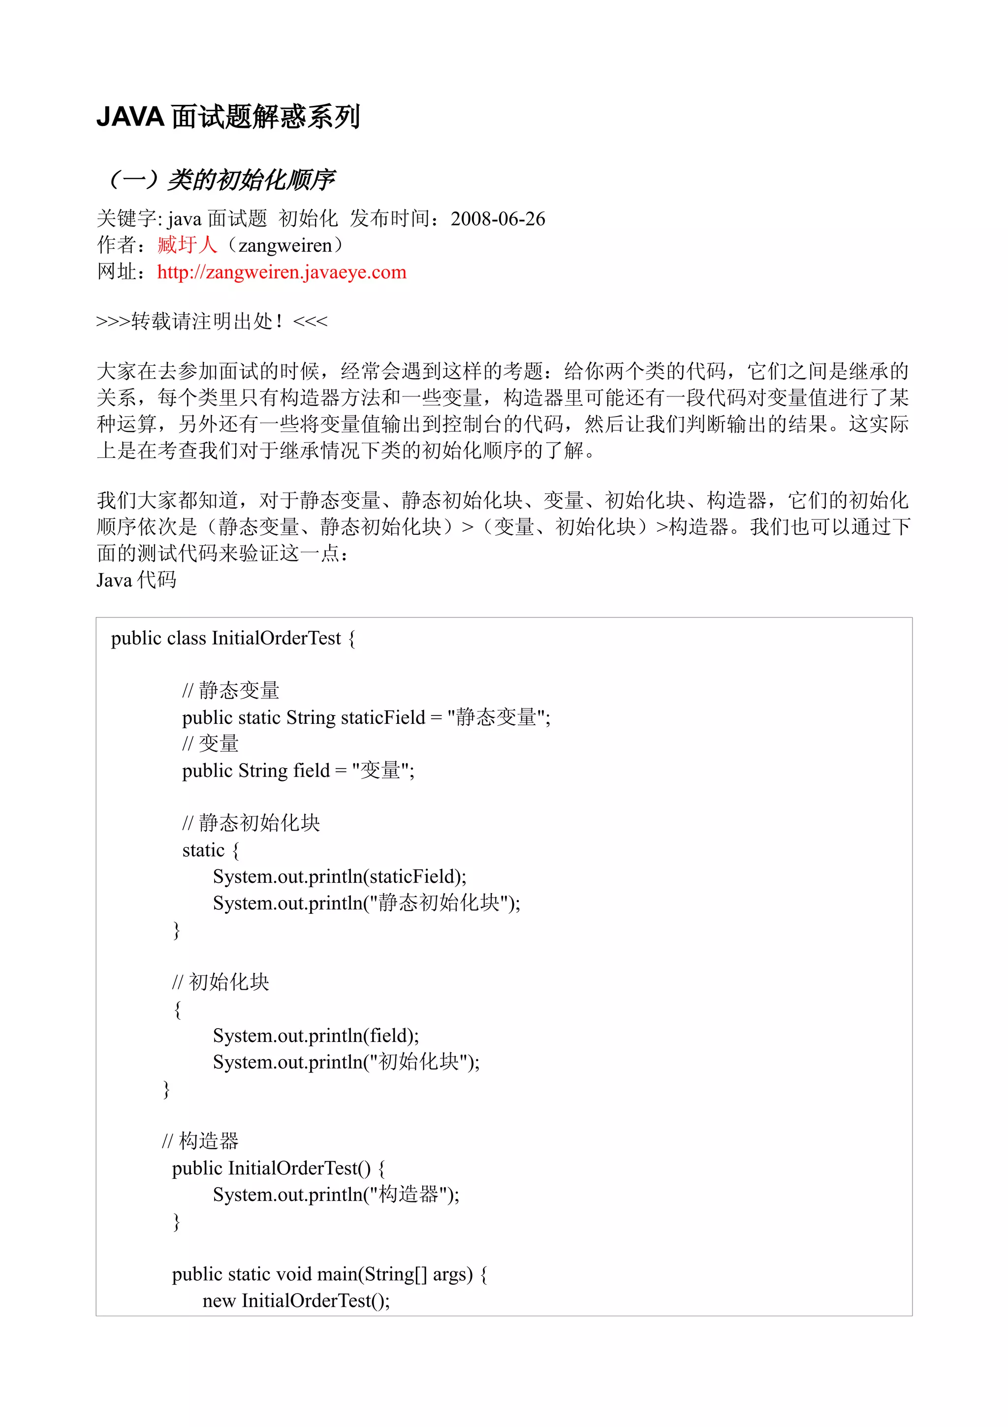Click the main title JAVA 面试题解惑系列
(228, 117)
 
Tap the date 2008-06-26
(498, 219)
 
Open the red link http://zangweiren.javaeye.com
(282, 272)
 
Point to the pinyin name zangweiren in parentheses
(285, 246)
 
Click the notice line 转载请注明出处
(211, 322)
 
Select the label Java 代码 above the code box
(136, 580)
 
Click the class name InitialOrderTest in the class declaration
(277, 638)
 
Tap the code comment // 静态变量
(230, 690)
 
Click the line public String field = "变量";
(298, 771)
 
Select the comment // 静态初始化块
(251, 823)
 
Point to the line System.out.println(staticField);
(339, 876)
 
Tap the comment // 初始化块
(220, 982)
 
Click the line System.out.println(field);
(315, 1036)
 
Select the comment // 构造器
(200, 1141)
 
